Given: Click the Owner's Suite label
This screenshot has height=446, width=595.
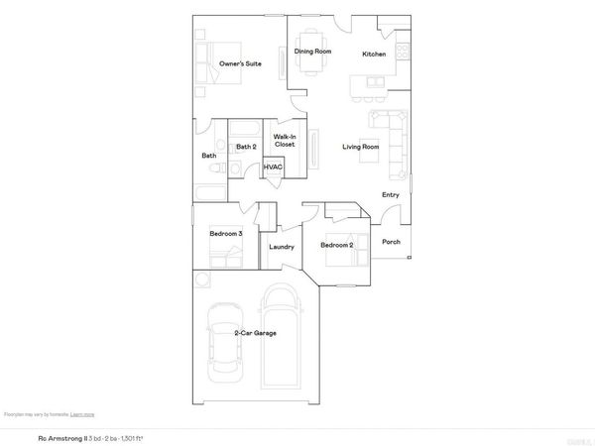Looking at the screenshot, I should pos(240,63).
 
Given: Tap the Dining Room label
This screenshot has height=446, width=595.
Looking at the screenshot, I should pos(312,52).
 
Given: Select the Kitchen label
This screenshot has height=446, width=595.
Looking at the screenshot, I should pos(374,54).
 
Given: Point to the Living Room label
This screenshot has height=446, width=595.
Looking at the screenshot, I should pos(361,147).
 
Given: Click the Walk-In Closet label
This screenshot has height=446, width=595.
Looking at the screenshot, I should pos(285,141).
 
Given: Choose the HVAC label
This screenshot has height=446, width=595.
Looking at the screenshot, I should pos(273,167).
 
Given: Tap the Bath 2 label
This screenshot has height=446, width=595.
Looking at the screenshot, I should pos(246,147).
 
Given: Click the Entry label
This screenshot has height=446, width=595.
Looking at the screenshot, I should pos(390,194).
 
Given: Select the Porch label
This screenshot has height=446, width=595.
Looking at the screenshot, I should pos(391,242).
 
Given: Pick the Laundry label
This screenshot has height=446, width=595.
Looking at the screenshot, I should pos(281,246).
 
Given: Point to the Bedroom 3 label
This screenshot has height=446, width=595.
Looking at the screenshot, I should pos(226,233).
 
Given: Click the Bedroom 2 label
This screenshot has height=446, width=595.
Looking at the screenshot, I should pos(337,244).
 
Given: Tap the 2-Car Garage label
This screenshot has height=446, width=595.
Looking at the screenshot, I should pos(255,333).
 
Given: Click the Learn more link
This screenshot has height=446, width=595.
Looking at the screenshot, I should pos(82,414).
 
